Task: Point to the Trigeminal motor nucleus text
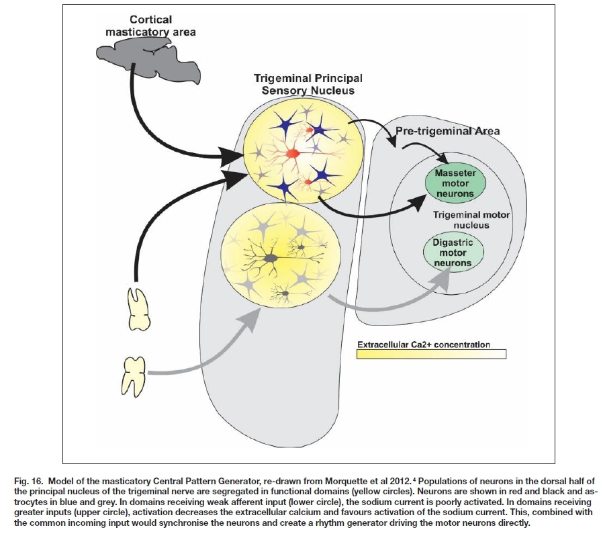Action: [x=462, y=220]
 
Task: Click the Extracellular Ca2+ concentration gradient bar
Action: [x=430, y=355]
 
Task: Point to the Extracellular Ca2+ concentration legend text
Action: [x=423, y=345]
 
